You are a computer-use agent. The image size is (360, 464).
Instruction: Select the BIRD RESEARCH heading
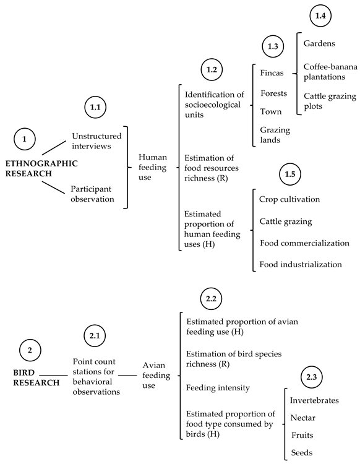coord(36,378)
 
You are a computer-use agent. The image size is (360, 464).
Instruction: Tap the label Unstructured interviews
coord(96,140)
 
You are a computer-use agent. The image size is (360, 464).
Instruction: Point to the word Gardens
coord(320,44)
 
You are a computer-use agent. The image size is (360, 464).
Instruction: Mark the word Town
coord(270,111)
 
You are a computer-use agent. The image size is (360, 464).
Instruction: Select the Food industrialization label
coord(301,264)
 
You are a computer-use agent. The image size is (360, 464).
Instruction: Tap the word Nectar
coord(303,418)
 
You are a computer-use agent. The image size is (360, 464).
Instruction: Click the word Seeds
coord(301,453)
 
